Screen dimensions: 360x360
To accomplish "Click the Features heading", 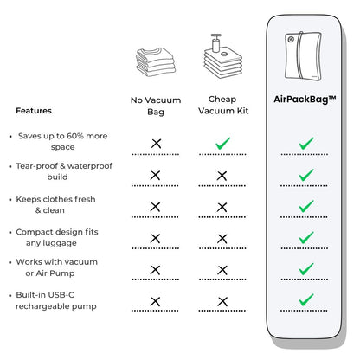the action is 34,111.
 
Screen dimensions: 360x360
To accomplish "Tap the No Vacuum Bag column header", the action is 156,106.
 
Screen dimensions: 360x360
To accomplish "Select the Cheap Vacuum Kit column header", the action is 223,105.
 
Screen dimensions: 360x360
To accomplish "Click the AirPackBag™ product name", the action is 305,100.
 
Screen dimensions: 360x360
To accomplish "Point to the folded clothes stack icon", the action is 156,61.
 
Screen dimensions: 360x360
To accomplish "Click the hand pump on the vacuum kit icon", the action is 215,42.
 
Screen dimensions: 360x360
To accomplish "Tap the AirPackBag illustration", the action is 303,55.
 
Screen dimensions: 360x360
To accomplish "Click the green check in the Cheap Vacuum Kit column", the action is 223,144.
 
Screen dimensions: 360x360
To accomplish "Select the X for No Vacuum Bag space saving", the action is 156,144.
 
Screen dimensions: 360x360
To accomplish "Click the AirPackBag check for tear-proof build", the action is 306,175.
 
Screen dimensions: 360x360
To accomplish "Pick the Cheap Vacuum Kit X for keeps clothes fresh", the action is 222,207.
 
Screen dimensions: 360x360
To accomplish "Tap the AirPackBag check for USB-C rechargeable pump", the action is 306,299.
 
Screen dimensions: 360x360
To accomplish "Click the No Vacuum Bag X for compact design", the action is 156,239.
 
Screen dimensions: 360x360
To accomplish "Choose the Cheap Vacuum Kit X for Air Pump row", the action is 222,270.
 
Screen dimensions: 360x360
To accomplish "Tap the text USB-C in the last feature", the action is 61,295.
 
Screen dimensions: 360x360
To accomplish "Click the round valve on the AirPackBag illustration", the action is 291,39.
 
